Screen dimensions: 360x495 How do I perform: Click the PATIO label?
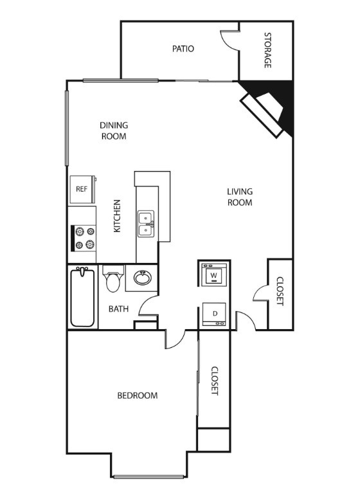(x=183, y=49)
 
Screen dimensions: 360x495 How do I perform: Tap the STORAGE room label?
(x=267, y=50)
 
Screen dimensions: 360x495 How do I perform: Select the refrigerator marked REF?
(x=83, y=190)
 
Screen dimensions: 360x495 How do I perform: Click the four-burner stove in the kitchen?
(x=84, y=239)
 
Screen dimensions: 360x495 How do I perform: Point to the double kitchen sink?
(x=146, y=224)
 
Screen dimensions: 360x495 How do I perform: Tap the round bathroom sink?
(x=143, y=278)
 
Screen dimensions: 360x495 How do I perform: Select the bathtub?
(x=82, y=297)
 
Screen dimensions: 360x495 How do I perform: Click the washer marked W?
(x=214, y=274)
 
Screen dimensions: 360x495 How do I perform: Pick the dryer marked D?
(x=214, y=314)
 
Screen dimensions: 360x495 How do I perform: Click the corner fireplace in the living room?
(x=266, y=109)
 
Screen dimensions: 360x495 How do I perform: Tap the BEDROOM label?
(x=138, y=395)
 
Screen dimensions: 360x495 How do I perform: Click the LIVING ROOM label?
(x=240, y=197)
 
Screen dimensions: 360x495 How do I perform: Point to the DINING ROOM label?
(x=114, y=130)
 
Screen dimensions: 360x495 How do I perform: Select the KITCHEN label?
(x=117, y=216)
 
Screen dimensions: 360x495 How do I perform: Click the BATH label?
(x=118, y=309)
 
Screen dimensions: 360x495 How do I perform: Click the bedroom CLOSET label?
(x=215, y=381)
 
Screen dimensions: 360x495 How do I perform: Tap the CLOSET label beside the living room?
(x=280, y=291)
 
